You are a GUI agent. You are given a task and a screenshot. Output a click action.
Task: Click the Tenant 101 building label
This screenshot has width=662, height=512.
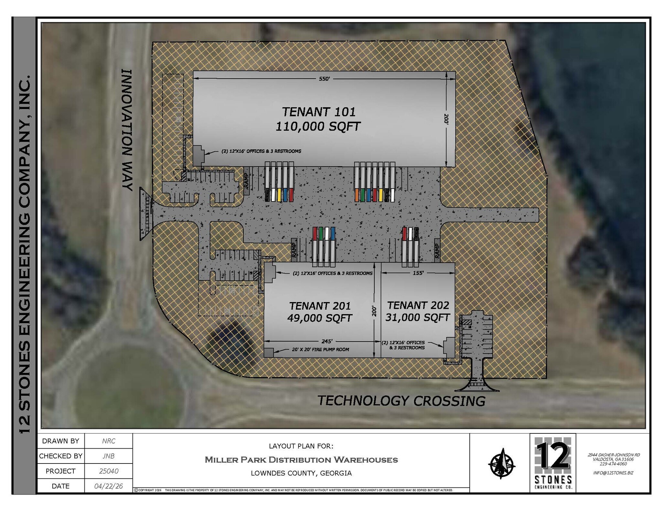click(319, 112)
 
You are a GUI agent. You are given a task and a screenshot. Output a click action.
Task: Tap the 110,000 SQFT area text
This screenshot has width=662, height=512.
click(318, 126)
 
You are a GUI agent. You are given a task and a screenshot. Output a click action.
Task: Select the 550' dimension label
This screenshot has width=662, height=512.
click(324, 79)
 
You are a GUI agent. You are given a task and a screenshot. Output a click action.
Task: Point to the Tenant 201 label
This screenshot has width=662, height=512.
click(320, 306)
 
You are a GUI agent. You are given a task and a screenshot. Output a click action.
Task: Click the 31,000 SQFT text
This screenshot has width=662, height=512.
click(418, 317)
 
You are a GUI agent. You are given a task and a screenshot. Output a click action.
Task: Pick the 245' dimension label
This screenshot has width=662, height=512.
click(327, 341)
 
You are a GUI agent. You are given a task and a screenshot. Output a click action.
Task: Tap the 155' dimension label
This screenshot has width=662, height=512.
click(418, 273)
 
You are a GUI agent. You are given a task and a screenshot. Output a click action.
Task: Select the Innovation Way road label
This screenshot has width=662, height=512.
click(128, 130)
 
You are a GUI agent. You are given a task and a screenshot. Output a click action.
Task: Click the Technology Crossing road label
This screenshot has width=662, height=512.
click(401, 401)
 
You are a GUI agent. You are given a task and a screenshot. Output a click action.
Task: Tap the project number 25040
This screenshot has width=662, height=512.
click(109, 471)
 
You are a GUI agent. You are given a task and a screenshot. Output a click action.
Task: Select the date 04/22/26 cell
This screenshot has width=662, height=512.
click(109, 486)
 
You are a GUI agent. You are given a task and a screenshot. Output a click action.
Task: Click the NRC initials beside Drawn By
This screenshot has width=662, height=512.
click(109, 441)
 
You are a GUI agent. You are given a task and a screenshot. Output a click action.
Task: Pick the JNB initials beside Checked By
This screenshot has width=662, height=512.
click(109, 456)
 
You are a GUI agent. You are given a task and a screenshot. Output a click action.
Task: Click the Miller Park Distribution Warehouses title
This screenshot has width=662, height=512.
click(301, 460)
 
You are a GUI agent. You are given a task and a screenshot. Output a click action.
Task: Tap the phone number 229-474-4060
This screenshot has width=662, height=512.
click(613, 463)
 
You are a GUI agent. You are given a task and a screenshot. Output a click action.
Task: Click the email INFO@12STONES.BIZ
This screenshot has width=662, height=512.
click(613, 473)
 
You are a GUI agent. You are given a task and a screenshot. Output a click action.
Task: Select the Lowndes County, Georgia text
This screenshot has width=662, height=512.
click(301, 473)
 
